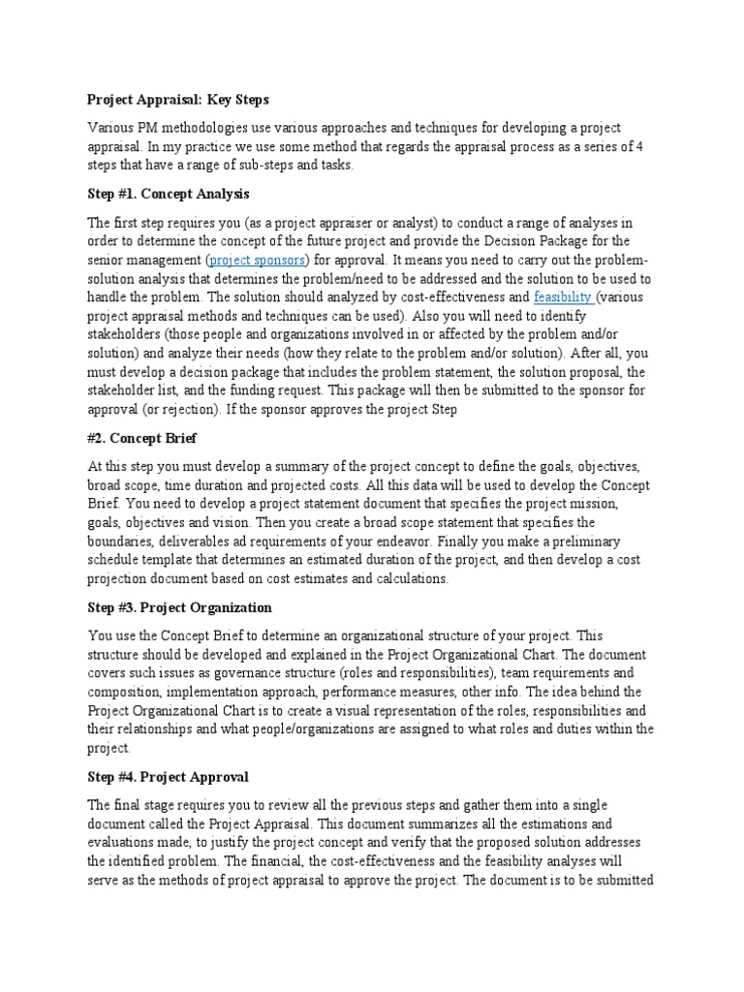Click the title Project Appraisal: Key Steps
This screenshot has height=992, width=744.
[x=177, y=100]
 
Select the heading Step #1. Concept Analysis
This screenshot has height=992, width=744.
[x=169, y=195]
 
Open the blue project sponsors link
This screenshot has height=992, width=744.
[x=259, y=261]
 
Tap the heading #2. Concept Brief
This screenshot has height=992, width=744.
[x=142, y=439]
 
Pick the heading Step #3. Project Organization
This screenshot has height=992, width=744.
[x=179, y=607]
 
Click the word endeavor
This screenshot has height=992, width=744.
[x=387, y=542]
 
